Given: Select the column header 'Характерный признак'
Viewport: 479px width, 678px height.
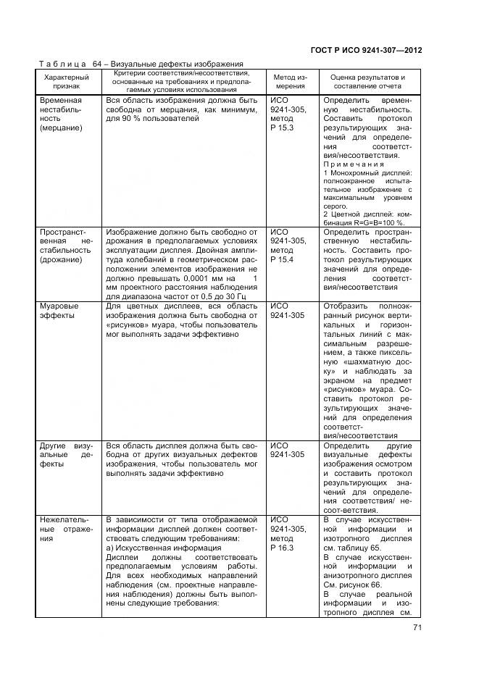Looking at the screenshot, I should pos(67,80).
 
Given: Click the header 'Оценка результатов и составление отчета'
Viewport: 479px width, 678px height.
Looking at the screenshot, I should pos(367,80).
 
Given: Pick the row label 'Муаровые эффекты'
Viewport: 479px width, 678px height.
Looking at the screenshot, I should pos(60,311).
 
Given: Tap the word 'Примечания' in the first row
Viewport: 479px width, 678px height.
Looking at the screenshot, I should pos(354,164).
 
